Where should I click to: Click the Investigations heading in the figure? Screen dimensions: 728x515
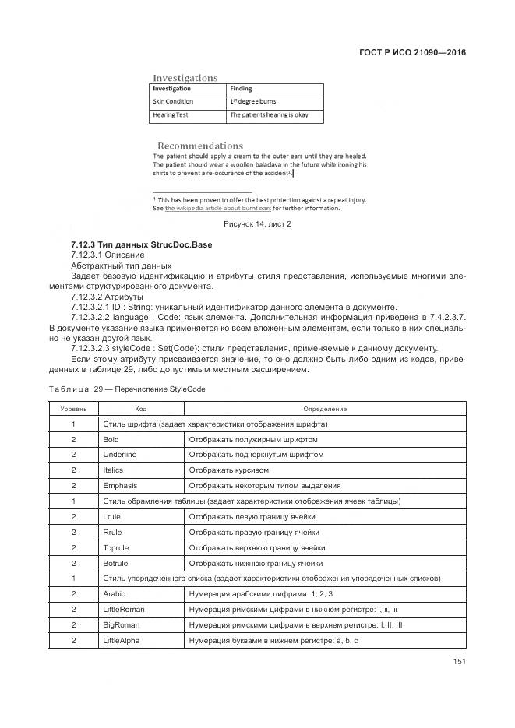tap(185, 78)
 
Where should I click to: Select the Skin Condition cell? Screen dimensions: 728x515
tap(173, 102)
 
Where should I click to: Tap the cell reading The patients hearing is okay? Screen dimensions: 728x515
tap(269, 115)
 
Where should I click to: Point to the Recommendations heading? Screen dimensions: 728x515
tap(200, 146)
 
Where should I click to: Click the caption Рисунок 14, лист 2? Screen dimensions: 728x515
tap(257, 224)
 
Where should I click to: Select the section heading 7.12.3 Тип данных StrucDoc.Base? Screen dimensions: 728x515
tap(141, 245)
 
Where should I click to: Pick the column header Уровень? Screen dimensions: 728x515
tap(73, 409)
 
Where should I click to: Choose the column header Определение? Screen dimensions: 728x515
tap(325, 409)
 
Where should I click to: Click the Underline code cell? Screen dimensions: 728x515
tap(119, 455)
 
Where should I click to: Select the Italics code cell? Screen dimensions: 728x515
tap(113, 470)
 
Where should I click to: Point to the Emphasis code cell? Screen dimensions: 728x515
tap(120, 486)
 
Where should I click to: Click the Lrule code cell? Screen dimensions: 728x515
tap(111, 517)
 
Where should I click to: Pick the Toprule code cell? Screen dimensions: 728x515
tap(115, 548)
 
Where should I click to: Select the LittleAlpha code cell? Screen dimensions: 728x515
tap(122, 641)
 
